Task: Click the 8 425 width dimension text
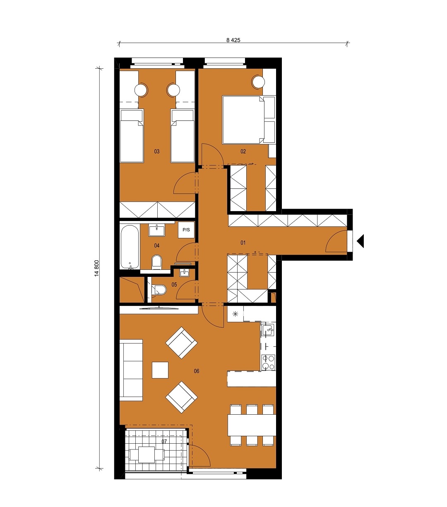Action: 233,40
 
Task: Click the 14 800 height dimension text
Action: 97,268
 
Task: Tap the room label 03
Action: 157,151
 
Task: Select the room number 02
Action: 243,151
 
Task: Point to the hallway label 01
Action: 243,243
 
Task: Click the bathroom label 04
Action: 157,245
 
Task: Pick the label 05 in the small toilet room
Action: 174,284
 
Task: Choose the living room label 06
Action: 197,371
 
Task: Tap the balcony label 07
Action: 164,442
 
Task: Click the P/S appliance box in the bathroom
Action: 186,230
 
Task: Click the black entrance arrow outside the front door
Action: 360,241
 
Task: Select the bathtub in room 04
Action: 130,247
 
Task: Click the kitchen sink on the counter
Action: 268,330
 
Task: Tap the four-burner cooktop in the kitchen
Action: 268,363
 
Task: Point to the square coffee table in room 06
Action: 160,370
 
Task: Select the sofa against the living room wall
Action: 131,370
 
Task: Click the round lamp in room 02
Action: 258,82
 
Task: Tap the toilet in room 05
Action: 159,290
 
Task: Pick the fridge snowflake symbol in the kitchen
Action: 235,314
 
